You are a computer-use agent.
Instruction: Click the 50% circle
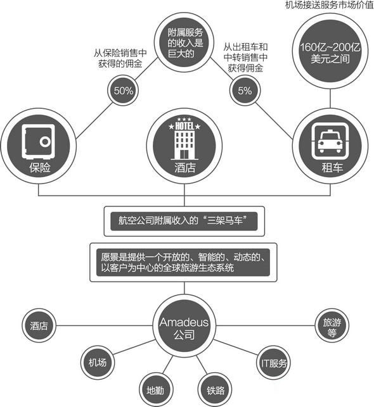(x=123, y=91)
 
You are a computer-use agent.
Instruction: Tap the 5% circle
(x=245, y=91)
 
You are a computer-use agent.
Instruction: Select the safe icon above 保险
(x=38, y=142)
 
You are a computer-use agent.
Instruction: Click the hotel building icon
(x=184, y=139)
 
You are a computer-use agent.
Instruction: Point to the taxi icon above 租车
(x=330, y=142)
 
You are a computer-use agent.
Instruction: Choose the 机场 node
(x=98, y=362)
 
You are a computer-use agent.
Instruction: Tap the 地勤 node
(x=155, y=390)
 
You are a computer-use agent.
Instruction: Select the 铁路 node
(x=215, y=390)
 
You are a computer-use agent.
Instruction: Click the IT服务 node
(x=273, y=363)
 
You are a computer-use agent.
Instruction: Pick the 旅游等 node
(x=332, y=325)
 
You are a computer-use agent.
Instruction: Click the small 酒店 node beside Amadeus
(x=39, y=325)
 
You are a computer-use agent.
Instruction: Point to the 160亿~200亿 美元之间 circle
(x=330, y=51)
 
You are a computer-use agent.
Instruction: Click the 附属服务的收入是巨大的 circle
(x=184, y=42)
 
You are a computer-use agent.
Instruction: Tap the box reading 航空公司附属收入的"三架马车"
(x=184, y=221)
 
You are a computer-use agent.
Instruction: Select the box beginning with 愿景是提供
(x=183, y=262)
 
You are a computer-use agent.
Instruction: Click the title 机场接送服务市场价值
(x=329, y=4)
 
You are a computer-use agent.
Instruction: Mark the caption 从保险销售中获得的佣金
(x=120, y=58)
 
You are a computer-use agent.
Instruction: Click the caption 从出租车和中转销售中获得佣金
(x=245, y=58)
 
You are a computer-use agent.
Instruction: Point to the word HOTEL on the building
(x=184, y=127)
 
